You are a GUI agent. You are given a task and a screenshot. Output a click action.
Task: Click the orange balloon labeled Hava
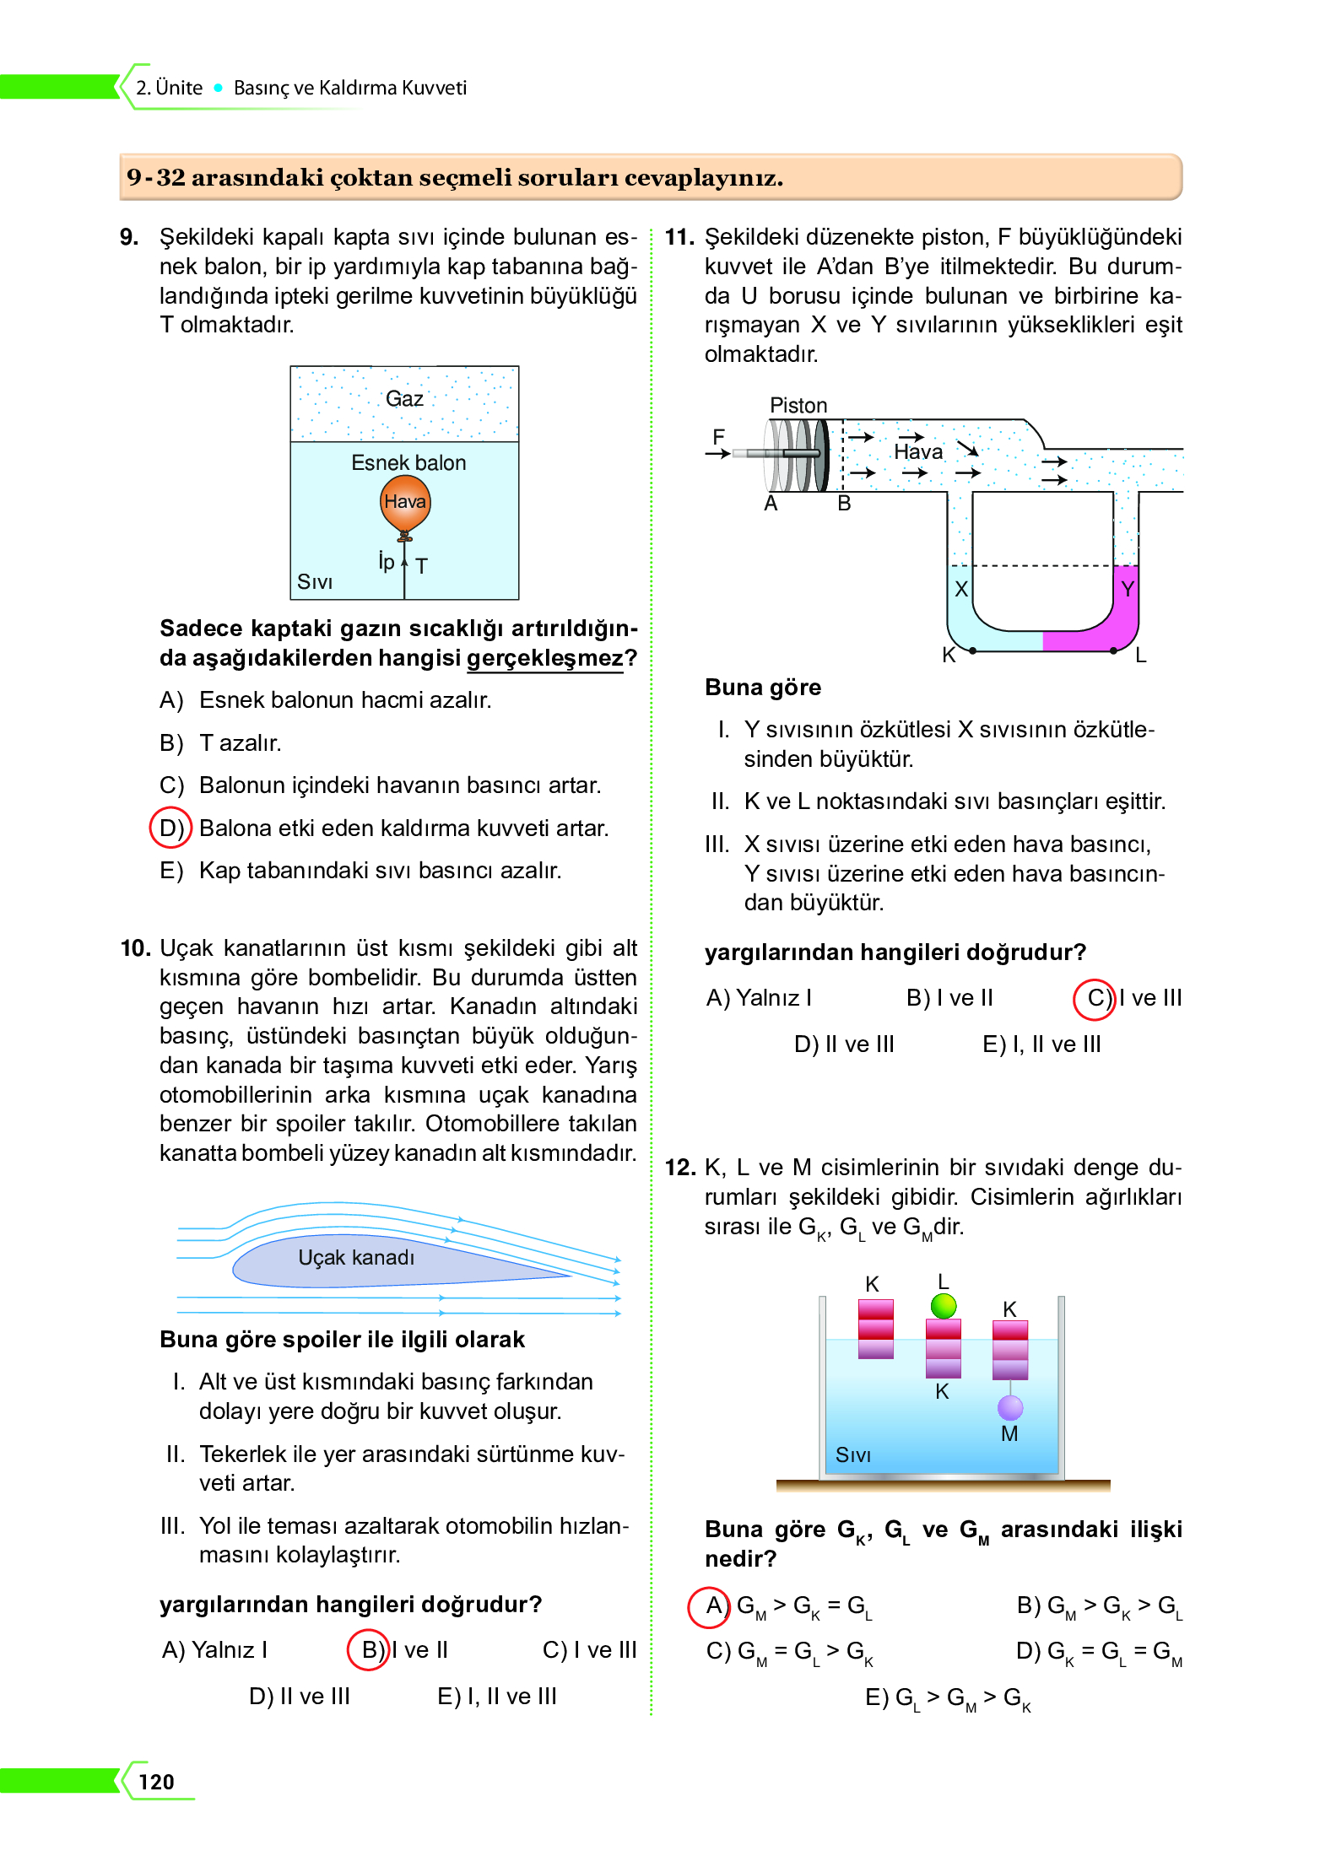pyautogui.click(x=405, y=503)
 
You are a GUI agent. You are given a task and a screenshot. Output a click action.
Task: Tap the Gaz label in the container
pyautogui.click(x=404, y=398)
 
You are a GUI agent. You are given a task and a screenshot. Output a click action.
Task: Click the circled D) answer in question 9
pyautogui.click(x=171, y=828)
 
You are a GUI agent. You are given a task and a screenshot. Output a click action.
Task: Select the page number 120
pyautogui.click(x=156, y=1782)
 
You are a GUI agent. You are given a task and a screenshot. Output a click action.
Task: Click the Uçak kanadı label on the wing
pyautogui.click(x=356, y=1258)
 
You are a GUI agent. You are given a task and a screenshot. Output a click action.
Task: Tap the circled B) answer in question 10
pyautogui.click(x=369, y=1650)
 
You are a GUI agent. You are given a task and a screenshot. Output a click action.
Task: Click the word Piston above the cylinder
pyautogui.click(x=798, y=406)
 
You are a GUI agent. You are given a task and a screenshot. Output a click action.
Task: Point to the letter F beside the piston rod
pyautogui.click(x=718, y=437)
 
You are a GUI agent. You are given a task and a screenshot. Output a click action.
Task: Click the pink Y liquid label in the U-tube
pyautogui.click(x=1128, y=589)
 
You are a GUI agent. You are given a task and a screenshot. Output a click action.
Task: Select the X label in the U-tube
pyautogui.click(x=960, y=589)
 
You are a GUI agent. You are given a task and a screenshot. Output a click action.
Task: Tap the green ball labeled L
pyautogui.click(x=944, y=1306)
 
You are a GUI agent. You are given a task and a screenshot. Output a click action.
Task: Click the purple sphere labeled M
pyautogui.click(x=1010, y=1407)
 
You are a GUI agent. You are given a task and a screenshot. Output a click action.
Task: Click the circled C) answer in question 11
pyautogui.click(x=1094, y=999)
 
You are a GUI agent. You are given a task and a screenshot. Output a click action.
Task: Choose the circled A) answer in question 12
pyautogui.click(x=710, y=1605)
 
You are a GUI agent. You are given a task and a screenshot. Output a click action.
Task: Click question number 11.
pyautogui.click(x=679, y=237)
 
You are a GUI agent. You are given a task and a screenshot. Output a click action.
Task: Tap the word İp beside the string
pyautogui.click(x=387, y=561)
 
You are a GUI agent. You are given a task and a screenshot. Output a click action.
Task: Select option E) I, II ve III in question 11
pyautogui.click(x=1041, y=1044)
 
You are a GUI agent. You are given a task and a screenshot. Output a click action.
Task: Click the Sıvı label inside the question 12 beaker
pyautogui.click(x=852, y=1455)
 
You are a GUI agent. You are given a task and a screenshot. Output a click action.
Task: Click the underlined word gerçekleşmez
pyautogui.click(x=545, y=658)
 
